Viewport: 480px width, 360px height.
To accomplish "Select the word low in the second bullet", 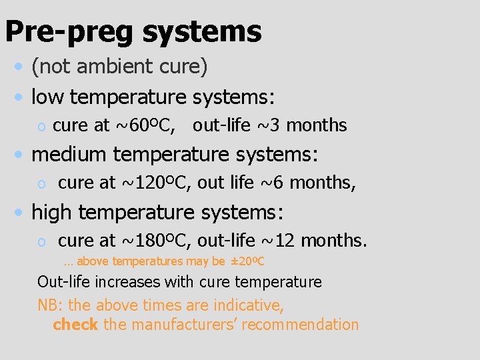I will pos(47,97).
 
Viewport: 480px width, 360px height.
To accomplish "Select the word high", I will pos(53,213).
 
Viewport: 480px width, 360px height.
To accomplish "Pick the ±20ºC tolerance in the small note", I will pos(248,261).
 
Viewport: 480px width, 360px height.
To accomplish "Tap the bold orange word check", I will pos(75,325).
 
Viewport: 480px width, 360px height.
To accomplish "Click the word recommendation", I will pos(305,325).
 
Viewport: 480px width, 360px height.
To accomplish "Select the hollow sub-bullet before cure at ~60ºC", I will pos(41,127).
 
